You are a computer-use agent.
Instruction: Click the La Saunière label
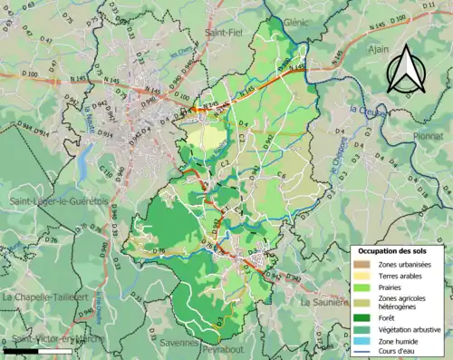click(323, 301)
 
